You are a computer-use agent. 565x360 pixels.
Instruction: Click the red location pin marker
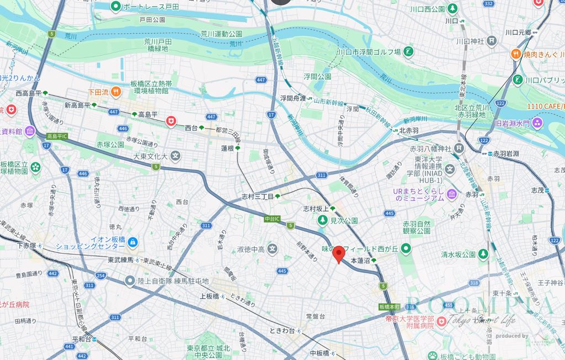(x=339, y=253)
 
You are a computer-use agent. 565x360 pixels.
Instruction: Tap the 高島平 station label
(x=147, y=114)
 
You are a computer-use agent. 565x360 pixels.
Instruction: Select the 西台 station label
(x=191, y=128)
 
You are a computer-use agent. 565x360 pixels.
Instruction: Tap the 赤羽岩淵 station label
(x=506, y=153)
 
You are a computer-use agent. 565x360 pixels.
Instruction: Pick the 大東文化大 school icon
(x=175, y=156)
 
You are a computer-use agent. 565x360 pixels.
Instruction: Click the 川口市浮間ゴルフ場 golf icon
(x=408, y=52)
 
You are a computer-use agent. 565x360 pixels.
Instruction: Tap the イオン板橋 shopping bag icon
(x=132, y=242)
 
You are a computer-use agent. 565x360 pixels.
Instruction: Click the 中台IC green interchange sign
(x=273, y=219)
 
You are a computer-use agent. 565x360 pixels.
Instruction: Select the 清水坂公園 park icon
(x=483, y=255)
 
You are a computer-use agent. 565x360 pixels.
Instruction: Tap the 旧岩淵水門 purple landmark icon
(x=537, y=122)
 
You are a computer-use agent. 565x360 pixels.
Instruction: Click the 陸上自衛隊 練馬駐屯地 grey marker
(x=130, y=281)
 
